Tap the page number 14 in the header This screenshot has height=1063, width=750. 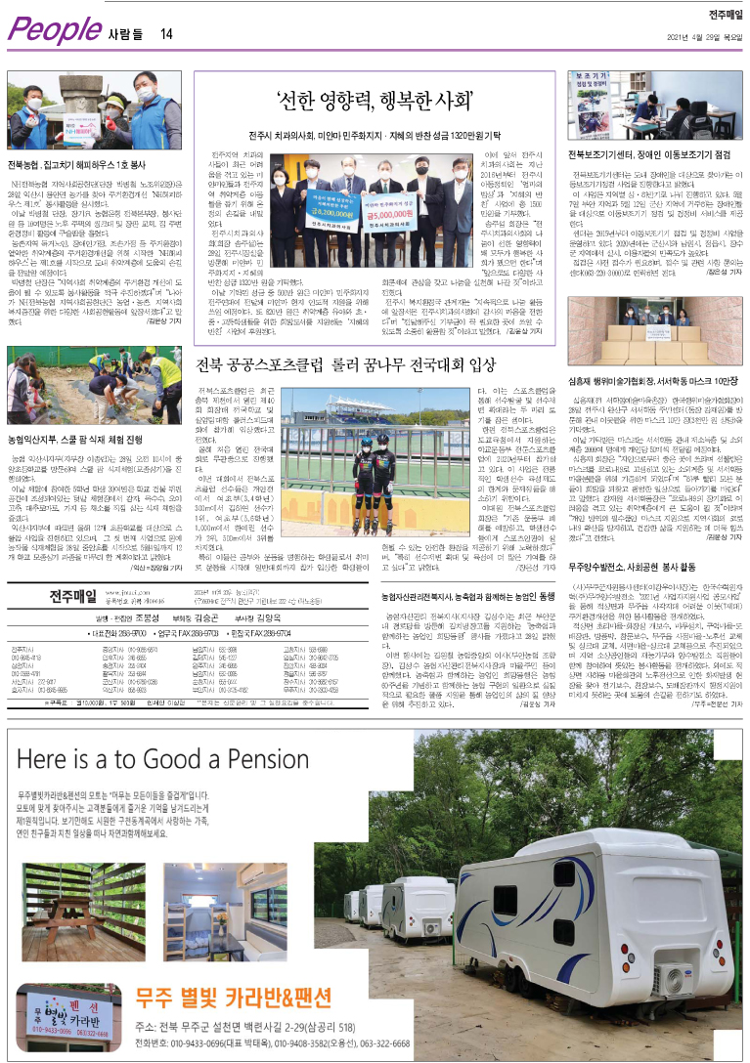point(167,34)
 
